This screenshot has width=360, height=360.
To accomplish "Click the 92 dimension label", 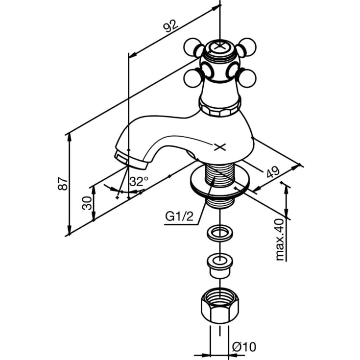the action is (x=170, y=25).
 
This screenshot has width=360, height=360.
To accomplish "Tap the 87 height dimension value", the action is (x=63, y=183).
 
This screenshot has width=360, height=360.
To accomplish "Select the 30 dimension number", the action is (x=87, y=203).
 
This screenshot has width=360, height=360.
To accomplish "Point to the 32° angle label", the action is (x=139, y=181).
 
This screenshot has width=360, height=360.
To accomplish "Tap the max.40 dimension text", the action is (x=280, y=240).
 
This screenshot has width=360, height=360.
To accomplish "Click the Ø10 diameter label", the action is (x=244, y=347).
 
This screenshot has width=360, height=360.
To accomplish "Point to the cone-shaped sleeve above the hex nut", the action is (x=220, y=265).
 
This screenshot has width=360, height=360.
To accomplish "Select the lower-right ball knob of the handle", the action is (x=246, y=78).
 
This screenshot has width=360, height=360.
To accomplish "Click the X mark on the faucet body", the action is (x=220, y=147).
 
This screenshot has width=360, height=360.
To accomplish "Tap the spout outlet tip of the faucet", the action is (x=130, y=160).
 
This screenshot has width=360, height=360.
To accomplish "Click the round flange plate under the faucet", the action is (x=220, y=181).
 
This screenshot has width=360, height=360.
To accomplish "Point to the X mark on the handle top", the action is (x=220, y=46).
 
